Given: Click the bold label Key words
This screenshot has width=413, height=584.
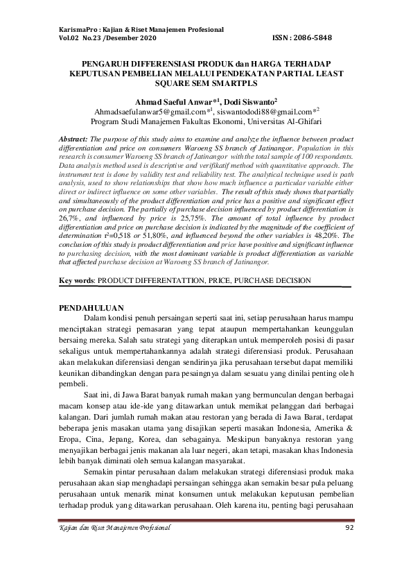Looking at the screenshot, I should [76, 280].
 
